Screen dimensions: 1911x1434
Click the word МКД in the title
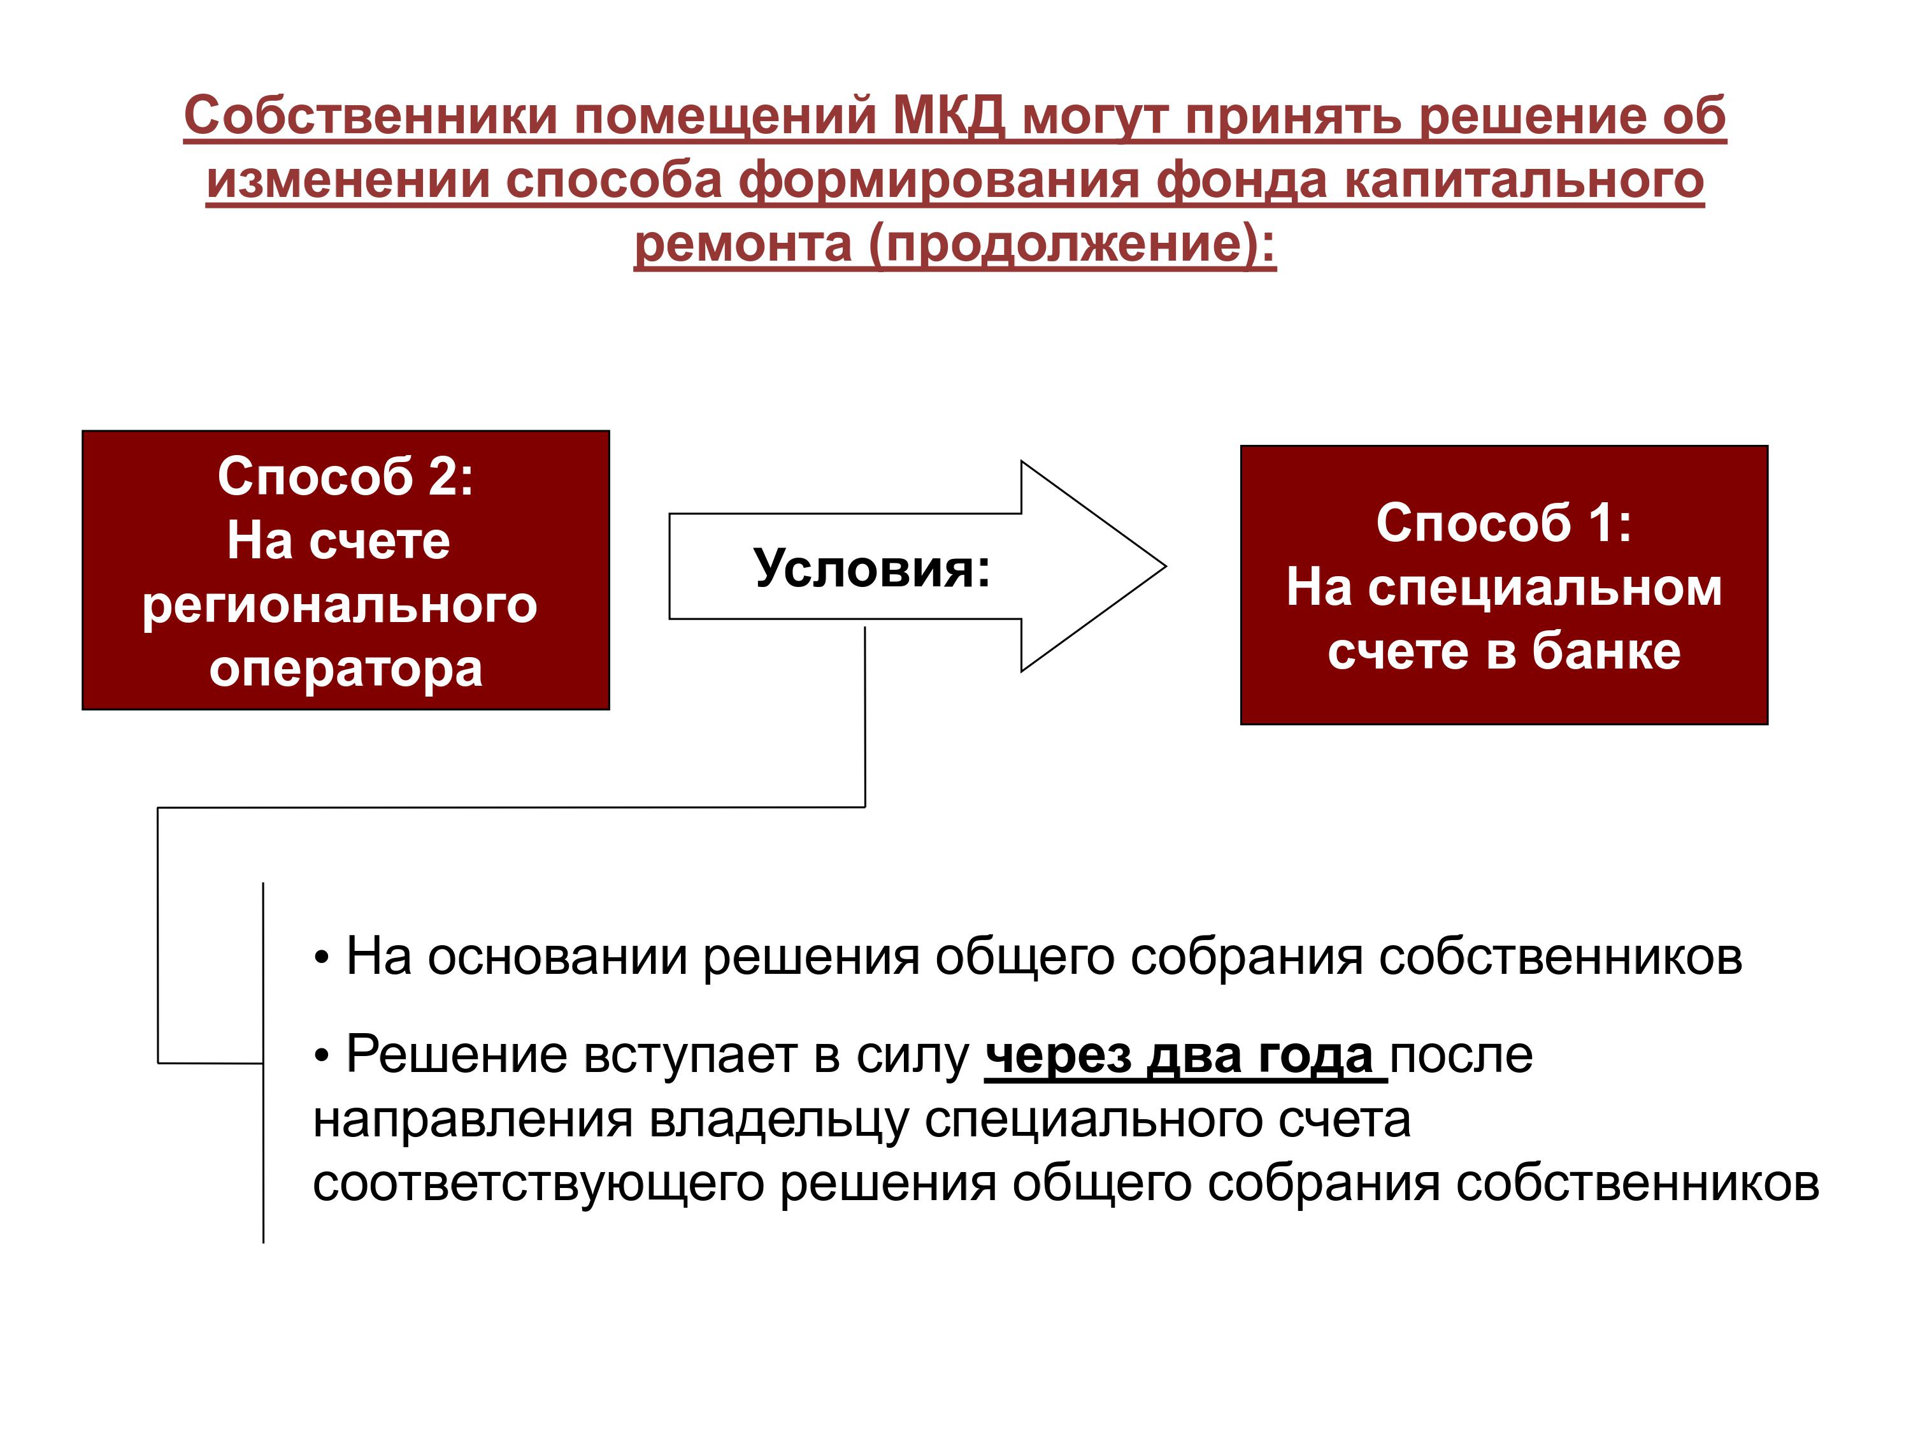[x=948, y=117]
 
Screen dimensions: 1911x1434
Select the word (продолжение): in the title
[x=1072, y=245]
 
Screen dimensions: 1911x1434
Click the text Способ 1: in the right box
[x=1504, y=523]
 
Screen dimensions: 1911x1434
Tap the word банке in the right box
[x=1607, y=651]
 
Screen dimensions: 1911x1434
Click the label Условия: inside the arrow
[x=871, y=569]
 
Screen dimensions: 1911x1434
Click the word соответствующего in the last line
[x=538, y=1185]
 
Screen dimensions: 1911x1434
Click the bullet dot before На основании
[x=322, y=959]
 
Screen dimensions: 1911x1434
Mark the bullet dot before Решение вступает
[x=322, y=1056]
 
